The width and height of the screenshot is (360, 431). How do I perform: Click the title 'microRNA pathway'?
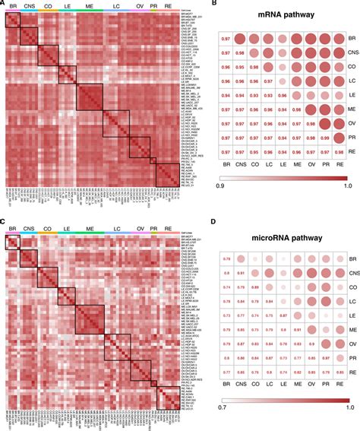tap(283, 236)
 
